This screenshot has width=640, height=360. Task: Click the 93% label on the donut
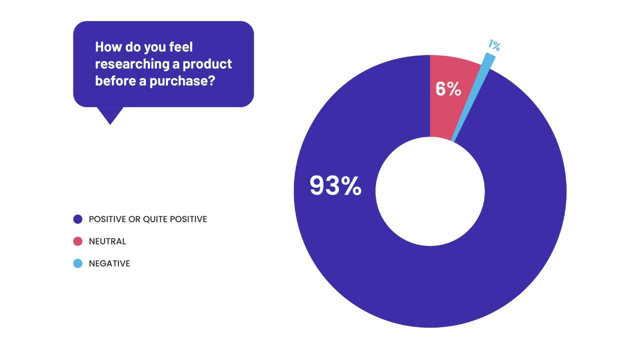335,186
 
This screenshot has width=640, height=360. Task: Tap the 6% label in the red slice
448,89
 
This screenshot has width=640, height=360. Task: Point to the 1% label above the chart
494,45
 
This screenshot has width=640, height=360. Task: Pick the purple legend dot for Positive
77,219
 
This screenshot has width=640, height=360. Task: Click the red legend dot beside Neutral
77,241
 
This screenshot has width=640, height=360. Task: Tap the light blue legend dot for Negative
77,263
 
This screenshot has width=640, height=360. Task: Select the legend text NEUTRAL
107,241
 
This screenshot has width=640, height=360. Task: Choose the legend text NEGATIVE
109,263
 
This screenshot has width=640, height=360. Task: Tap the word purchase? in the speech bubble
182,81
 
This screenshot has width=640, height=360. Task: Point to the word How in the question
108,47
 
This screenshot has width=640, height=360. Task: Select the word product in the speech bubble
207,64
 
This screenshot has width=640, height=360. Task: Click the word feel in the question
181,47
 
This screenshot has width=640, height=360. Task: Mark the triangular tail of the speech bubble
110,115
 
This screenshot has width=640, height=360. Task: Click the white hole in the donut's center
430,191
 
